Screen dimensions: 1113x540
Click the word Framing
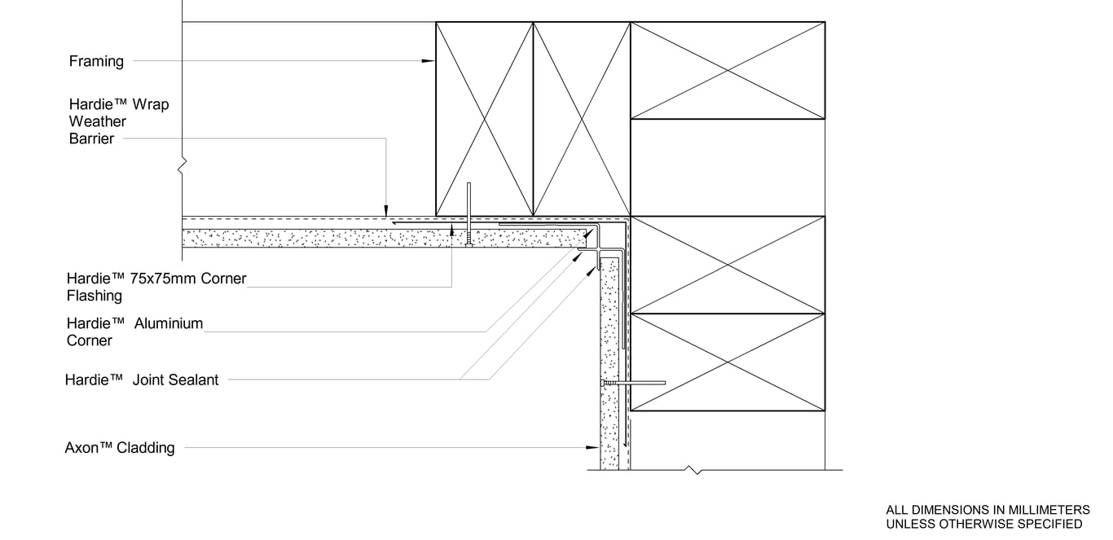pyautogui.click(x=96, y=61)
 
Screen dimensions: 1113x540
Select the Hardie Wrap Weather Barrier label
pyautogui.click(x=119, y=121)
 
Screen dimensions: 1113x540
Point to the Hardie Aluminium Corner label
pyautogui.click(x=134, y=331)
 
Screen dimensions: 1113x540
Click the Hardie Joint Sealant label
pyautogui.click(x=142, y=380)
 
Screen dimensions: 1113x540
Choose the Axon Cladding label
pyautogui.click(x=120, y=447)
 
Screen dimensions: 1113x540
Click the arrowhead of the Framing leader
pyautogui.click(x=429, y=61)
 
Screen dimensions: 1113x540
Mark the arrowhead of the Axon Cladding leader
pyautogui.click(x=594, y=447)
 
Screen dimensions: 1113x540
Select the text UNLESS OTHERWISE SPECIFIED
pyautogui.click(x=984, y=524)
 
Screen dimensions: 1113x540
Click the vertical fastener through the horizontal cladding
pyautogui.click(x=469, y=215)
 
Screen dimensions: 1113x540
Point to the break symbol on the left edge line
pyautogui.click(x=183, y=166)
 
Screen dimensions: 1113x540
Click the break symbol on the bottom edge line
pyautogui.click(x=693, y=470)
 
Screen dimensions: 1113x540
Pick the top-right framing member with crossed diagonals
pyautogui.click(x=728, y=70)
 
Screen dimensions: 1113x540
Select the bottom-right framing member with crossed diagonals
pyautogui.click(x=728, y=362)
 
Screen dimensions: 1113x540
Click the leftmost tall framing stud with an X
pyautogui.click(x=484, y=119)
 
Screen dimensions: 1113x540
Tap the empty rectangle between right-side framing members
pyautogui.click(x=728, y=167)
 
